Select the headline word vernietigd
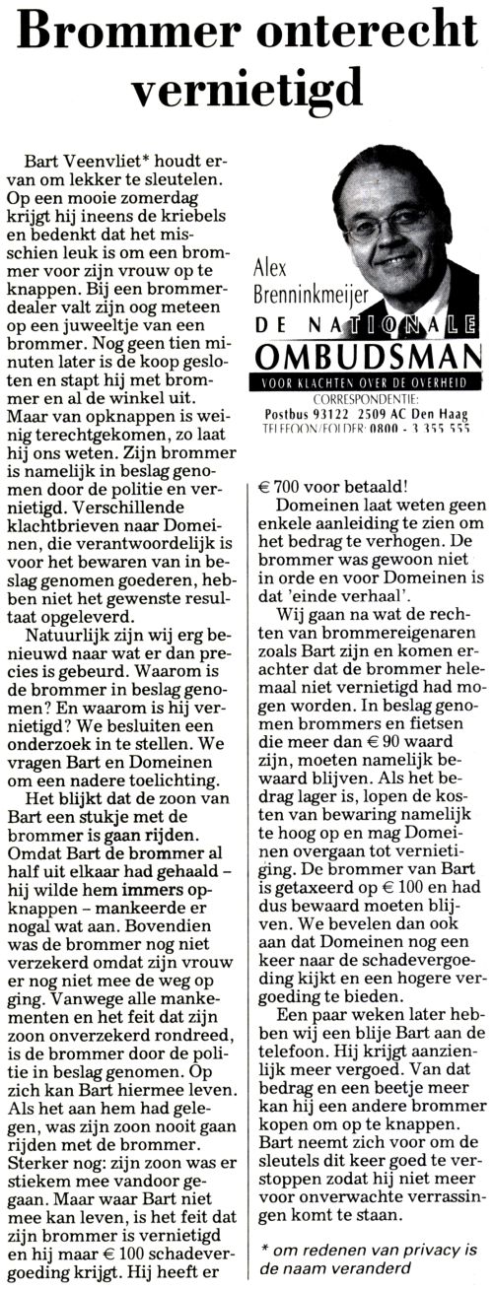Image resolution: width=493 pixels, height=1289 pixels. click(x=246, y=92)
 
